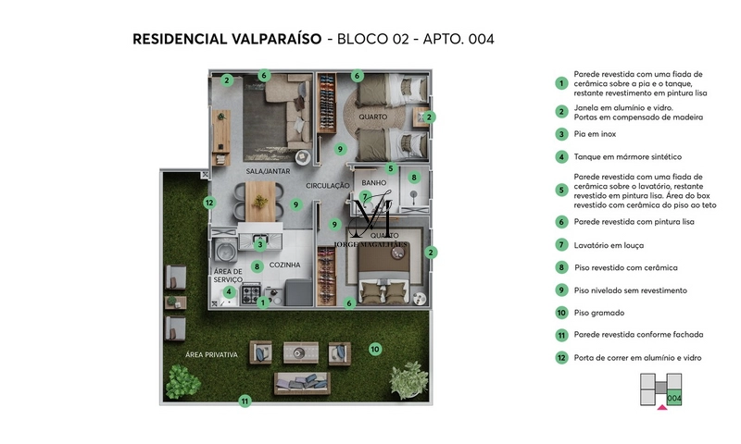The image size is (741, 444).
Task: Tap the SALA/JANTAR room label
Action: (x=270, y=172)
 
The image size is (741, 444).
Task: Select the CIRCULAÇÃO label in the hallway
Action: (x=327, y=186)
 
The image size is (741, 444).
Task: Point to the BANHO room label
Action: (x=373, y=182)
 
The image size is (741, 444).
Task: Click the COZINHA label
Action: (x=285, y=265)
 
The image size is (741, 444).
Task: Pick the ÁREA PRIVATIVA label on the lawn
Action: (x=211, y=355)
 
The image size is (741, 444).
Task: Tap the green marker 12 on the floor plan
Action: (x=210, y=203)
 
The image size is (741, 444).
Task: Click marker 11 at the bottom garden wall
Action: (x=245, y=401)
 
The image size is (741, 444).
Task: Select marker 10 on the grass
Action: (x=375, y=349)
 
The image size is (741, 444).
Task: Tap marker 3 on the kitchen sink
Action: (x=261, y=245)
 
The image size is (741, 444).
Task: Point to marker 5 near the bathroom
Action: (x=391, y=168)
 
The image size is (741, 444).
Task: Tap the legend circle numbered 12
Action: (x=561, y=357)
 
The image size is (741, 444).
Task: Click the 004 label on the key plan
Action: (x=673, y=398)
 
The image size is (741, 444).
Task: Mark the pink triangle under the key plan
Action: (x=661, y=407)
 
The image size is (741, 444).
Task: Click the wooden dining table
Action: (x=260, y=196)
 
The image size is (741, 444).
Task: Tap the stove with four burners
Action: (x=251, y=294)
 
